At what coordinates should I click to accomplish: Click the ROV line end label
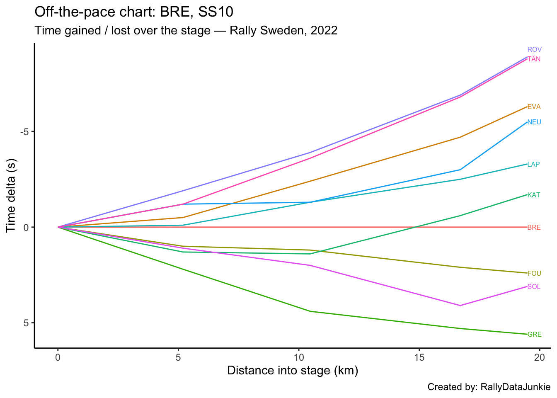coord(534,50)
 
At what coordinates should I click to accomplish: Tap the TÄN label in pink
coord(534,59)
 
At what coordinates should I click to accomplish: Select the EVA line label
coord(534,107)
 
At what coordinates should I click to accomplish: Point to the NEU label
coord(534,122)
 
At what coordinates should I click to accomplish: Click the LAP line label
coord(533,165)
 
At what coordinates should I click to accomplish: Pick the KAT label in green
coord(534,195)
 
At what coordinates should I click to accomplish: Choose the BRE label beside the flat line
coord(534,228)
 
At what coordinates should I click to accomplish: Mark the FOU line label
coord(534,274)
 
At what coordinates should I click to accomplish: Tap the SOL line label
coord(534,287)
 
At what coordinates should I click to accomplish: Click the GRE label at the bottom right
coord(534,335)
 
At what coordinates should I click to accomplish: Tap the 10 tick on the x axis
coord(298,357)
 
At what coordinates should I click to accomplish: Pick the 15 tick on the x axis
coord(419,357)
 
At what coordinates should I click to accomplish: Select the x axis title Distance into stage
coord(293,371)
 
